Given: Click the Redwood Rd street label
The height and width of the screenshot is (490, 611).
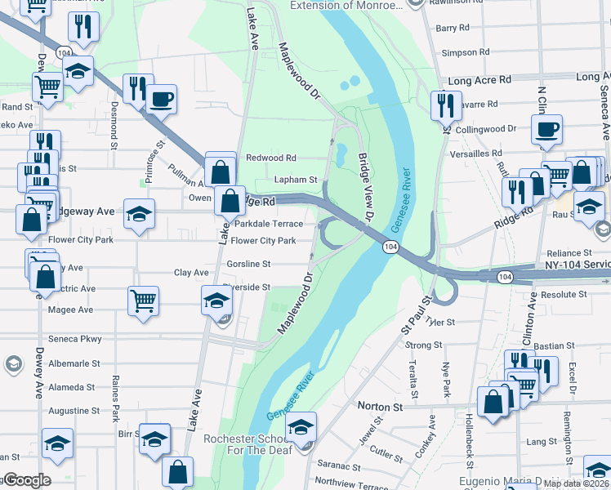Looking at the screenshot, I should coord(270,158).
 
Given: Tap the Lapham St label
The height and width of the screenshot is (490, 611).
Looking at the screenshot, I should coord(298,180).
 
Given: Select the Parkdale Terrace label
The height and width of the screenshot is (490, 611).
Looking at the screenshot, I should coord(269,224).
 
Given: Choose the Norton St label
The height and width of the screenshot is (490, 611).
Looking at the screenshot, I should coord(381,406).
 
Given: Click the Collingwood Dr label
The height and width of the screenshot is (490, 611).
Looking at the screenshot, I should coord(486,129).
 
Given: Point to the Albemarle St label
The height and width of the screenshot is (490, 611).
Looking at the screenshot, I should coord(74,363).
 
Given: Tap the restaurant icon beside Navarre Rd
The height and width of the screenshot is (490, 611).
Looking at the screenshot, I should coord(445,104).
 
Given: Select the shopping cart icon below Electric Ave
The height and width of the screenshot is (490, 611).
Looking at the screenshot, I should coord(143,301).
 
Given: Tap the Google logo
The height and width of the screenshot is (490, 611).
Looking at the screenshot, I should coord(26,480).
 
